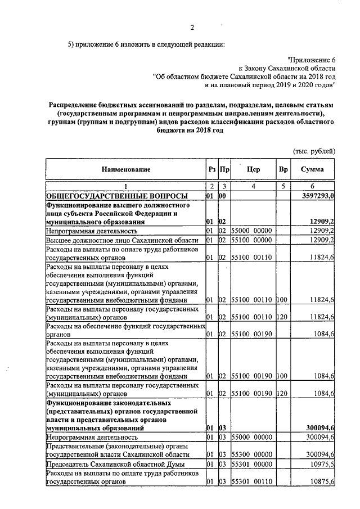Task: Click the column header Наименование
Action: pyautogui.click(x=126, y=169)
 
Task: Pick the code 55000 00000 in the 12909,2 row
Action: pyautogui.click(x=252, y=231)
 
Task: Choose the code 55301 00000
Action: pyautogui.click(x=252, y=465)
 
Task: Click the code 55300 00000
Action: pyautogui.click(x=252, y=454)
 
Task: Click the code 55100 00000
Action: pyautogui.click(x=252, y=241)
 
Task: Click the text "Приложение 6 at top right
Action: pyautogui.click(x=311, y=59)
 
